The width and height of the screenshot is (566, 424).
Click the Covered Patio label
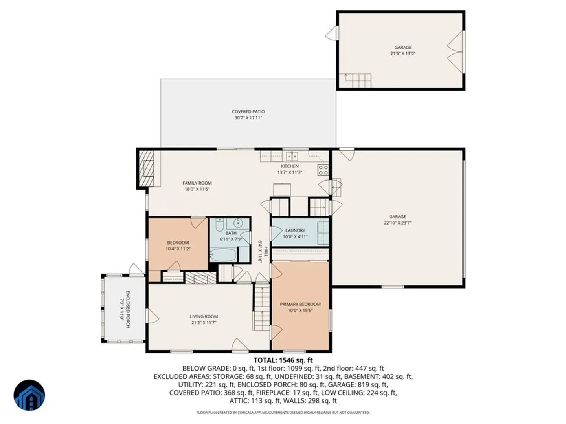click(248, 112)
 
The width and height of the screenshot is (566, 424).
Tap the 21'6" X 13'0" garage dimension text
click(402, 53)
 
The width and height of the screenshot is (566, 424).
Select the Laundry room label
click(295, 230)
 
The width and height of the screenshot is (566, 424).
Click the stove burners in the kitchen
click(323, 170)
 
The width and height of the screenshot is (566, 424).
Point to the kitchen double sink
click(292, 156)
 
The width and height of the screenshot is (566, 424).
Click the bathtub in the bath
click(223, 254)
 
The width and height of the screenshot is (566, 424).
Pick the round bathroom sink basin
click(238, 222)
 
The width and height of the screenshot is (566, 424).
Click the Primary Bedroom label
click(300, 304)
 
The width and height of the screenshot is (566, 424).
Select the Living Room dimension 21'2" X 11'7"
click(204, 323)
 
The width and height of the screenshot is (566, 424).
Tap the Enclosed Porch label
click(128, 309)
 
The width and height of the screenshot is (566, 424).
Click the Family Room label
click(197, 183)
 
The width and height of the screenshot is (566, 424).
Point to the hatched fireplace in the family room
click(146, 169)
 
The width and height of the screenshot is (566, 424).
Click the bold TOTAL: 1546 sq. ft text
click(283, 360)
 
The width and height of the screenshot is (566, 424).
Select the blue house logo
click(29, 395)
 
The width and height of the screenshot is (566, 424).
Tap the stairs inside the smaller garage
click(355, 80)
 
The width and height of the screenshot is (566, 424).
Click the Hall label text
click(266, 252)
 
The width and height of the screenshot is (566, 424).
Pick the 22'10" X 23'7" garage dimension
click(397, 223)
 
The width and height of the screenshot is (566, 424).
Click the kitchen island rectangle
click(282, 190)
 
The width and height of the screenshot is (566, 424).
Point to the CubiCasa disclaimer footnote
click(283, 413)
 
